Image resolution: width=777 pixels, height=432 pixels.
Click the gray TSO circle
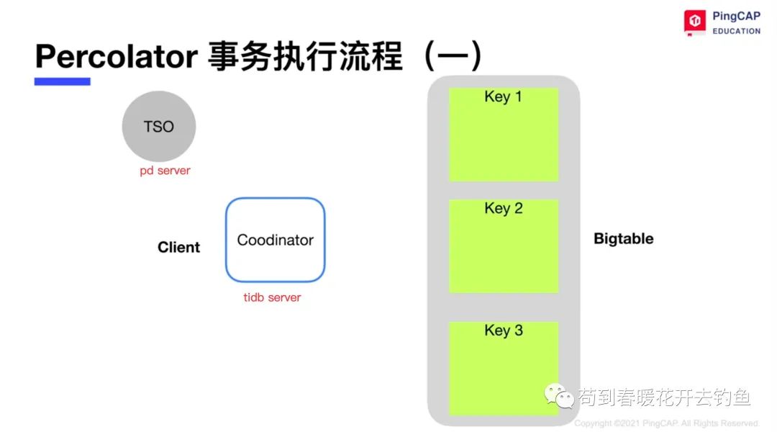click(x=158, y=126)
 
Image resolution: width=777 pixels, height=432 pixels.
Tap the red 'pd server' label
click(x=165, y=171)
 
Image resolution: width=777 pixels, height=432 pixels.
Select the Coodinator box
click(x=276, y=240)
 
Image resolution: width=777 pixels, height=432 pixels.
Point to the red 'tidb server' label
click(x=272, y=297)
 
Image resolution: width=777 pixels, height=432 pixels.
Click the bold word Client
click(x=179, y=247)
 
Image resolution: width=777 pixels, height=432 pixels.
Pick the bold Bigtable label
click(x=623, y=238)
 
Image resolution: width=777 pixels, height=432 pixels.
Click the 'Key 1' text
click(x=503, y=96)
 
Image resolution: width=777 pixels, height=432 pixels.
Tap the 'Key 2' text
click(x=504, y=208)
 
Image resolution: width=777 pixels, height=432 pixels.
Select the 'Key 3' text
click(x=504, y=330)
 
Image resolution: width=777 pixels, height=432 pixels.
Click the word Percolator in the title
click(x=117, y=56)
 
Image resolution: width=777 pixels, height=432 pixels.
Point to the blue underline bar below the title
click(x=63, y=82)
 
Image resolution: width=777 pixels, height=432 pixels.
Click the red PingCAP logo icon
click(x=695, y=22)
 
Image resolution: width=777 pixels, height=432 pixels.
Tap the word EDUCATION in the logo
click(x=737, y=31)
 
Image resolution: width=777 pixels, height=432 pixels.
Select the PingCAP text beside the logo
click(x=737, y=16)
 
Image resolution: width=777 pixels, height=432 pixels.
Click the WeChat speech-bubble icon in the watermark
click(x=559, y=395)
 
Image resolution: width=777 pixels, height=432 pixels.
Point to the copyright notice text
click(x=667, y=423)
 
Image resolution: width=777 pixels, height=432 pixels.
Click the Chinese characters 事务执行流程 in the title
click(x=305, y=57)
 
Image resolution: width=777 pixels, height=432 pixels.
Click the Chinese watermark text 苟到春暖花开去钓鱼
click(x=665, y=397)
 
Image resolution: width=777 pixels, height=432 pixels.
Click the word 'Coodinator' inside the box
click(x=276, y=240)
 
